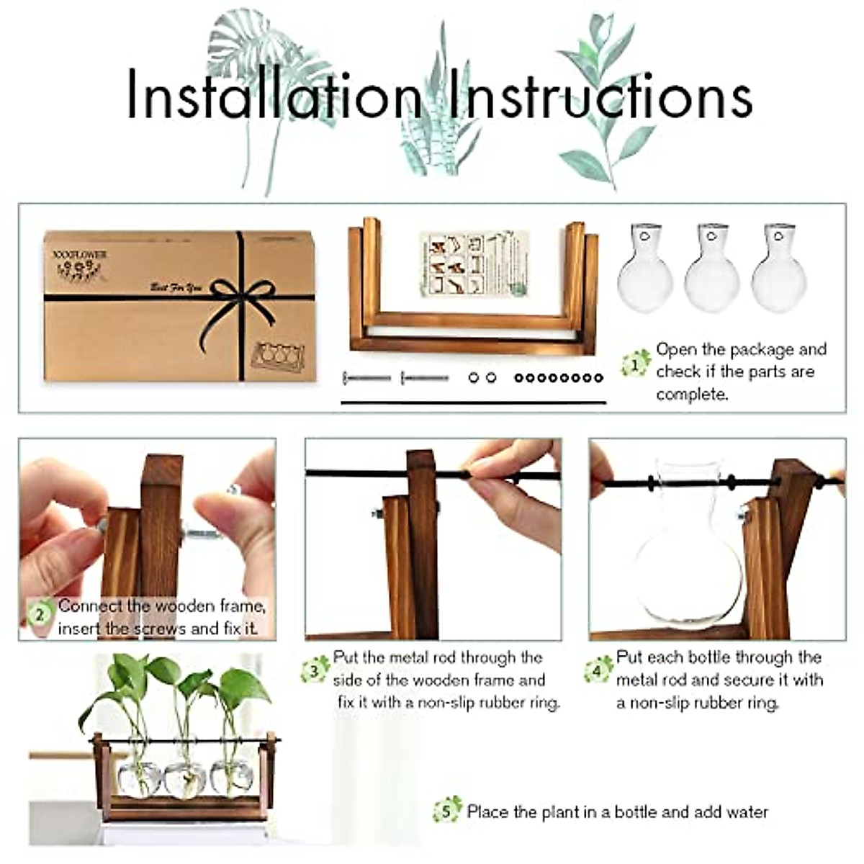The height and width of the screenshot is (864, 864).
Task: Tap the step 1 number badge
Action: tap(634, 364)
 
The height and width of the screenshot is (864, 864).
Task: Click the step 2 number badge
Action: tap(40, 614)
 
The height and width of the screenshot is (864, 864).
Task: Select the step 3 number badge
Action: tap(315, 671)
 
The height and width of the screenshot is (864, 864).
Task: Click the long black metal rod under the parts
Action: tap(473, 402)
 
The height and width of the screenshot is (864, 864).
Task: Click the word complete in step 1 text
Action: tap(692, 395)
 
